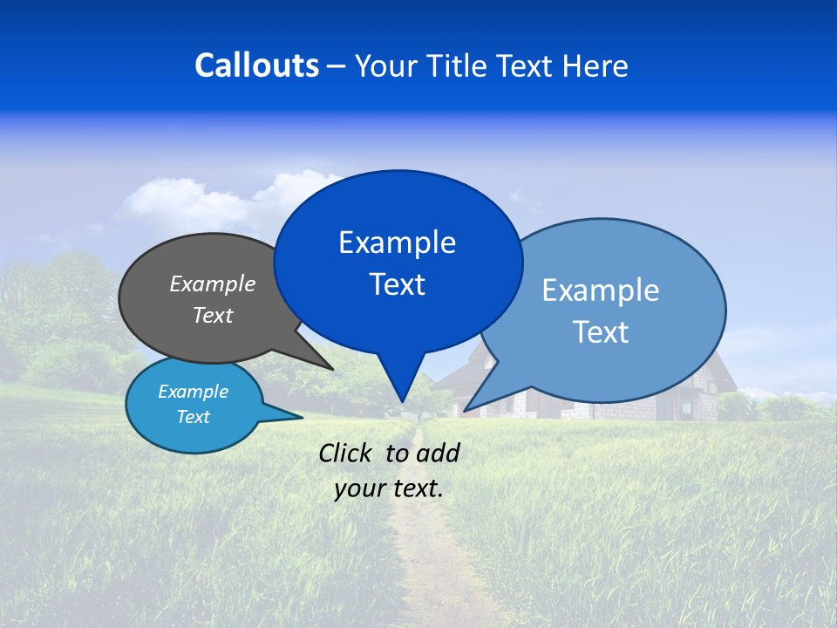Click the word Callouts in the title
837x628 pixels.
click(x=256, y=65)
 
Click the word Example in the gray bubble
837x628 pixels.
click(x=212, y=283)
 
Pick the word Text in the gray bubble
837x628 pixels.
click(x=212, y=315)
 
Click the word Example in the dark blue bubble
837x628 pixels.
click(x=397, y=242)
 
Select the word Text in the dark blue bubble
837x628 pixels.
click(x=397, y=284)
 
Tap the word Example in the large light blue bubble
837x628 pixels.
click(x=600, y=290)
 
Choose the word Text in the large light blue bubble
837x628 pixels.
click(x=600, y=332)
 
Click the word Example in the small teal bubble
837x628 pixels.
click(x=193, y=392)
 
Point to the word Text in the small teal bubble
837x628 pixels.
click(x=193, y=417)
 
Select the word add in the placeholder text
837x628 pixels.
click(x=438, y=453)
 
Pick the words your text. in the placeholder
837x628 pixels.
click(x=388, y=488)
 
